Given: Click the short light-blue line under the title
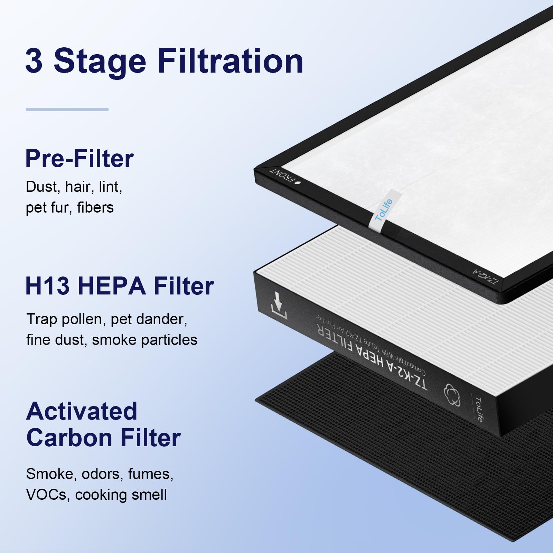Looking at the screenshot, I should pyautogui.click(x=67, y=109).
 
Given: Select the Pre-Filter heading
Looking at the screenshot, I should pyautogui.click(x=79, y=159).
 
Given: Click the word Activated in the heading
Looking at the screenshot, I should pyautogui.click(x=82, y=411).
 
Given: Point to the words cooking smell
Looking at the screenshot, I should pyautogui.click(x=121, y=495).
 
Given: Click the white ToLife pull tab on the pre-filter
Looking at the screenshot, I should pyautogui.click(x=384, y=210).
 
